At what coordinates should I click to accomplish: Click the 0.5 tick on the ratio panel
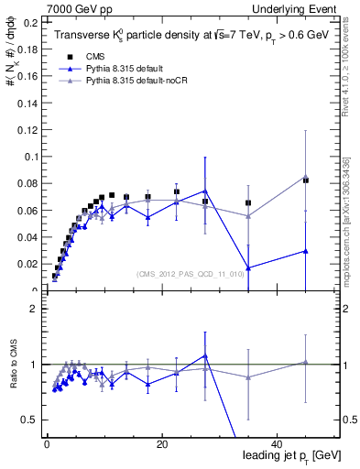29,420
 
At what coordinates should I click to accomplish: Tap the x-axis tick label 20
162,443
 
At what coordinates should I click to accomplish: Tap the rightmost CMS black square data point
306,180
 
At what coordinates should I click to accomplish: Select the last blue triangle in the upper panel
306,251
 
